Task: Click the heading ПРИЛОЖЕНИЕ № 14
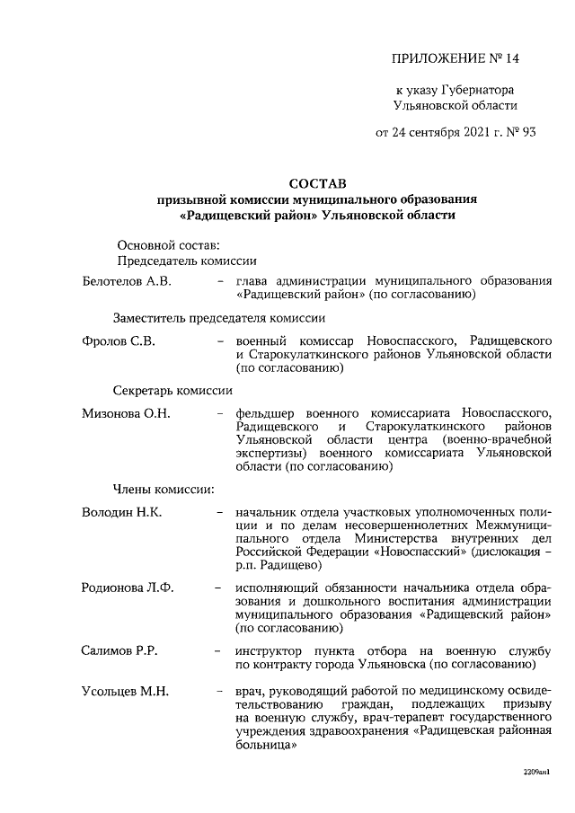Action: tap(456, 59)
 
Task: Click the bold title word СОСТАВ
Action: tap(317, 182)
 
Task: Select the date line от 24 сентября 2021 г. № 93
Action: tap(456, 132)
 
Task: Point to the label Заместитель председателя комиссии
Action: tap(218, 318)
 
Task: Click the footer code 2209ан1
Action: tap(536, 772)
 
